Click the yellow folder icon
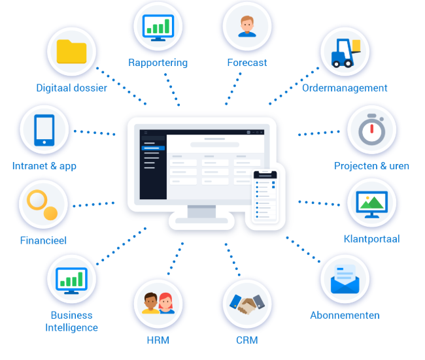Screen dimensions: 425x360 71,52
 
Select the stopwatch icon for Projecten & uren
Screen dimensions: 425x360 372,129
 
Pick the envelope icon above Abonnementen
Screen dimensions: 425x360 345,279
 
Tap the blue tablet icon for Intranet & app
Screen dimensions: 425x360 44,130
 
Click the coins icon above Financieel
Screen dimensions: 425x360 42,205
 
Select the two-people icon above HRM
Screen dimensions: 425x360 158,303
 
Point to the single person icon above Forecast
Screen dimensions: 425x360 247,26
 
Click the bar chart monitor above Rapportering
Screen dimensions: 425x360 158,27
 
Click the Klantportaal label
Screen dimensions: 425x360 371,239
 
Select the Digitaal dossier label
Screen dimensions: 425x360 71,88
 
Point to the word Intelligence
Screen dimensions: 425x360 71,328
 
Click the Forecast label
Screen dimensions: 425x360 247,63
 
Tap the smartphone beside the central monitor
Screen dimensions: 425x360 265,197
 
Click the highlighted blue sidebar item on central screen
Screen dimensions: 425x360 153,148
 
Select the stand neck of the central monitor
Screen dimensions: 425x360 201,211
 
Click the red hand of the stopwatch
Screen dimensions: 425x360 372,129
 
